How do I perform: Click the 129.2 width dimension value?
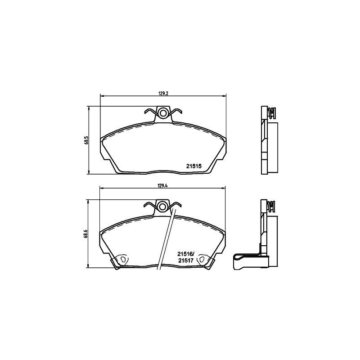(163, 94)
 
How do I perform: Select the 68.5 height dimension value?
(85, 139)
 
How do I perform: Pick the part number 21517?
(186, 260)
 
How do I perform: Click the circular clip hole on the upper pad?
(162, 113)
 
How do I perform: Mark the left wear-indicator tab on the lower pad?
(122, 260)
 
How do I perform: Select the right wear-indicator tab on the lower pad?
(202, 260)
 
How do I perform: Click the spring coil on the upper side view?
(271, 112)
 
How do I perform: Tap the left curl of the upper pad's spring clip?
(148, 111)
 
